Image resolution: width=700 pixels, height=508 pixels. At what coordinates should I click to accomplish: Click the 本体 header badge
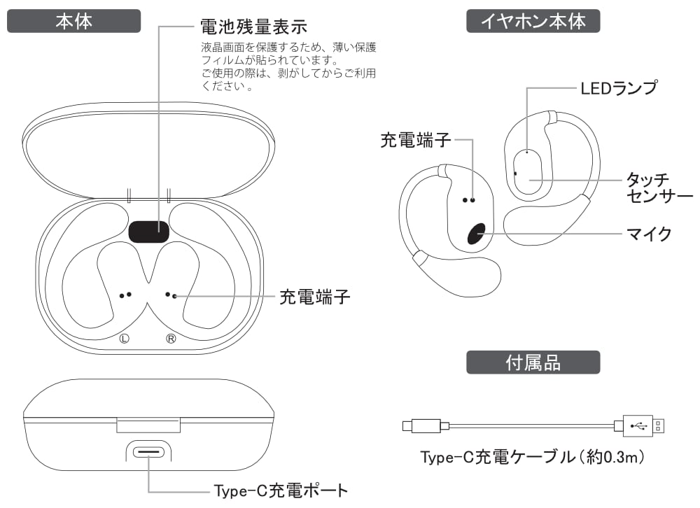tap(73, 21)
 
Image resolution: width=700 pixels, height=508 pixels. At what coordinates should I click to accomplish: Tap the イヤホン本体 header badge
tap(533, 21)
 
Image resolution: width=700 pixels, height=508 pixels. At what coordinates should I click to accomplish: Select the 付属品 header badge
tap(533, 362)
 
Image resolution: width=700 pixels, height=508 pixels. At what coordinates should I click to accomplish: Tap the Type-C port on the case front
tap(149, 452)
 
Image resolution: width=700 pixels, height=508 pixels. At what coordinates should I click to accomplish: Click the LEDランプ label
tap(619, 88)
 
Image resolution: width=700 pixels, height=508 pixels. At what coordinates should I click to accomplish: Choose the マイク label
tap(649, 234)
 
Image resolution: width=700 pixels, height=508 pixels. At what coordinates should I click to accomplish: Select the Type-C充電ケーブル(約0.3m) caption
tap(531, 458)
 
